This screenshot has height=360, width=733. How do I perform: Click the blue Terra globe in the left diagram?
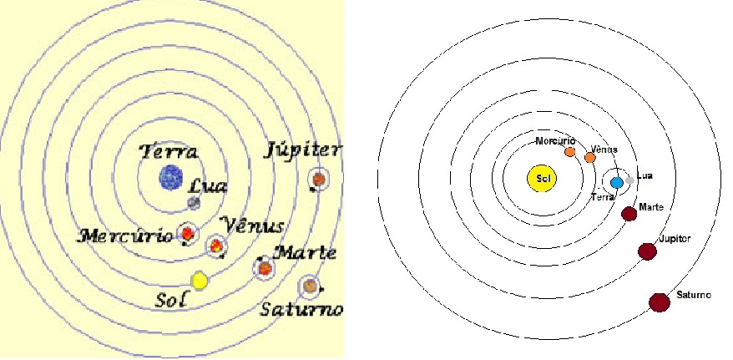pos(171,176)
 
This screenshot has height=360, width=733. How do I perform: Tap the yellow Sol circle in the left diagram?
pos(199,281)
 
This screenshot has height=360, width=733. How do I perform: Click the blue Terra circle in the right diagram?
pos(617,182)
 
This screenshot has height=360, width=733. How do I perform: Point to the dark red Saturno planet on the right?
pos(660,302)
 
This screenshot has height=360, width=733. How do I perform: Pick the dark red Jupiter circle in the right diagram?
pos(646,251)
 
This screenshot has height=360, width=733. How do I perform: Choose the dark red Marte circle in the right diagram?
pos(629,213)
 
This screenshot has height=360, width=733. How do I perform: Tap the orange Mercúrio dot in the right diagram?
pos(570,152)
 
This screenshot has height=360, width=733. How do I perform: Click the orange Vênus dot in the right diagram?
pos(590,157)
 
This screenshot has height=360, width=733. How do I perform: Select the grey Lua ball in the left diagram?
pos(193,202)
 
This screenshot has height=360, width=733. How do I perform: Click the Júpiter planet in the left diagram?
pos(317,178)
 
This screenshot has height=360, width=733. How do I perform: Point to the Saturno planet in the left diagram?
pos(310,286)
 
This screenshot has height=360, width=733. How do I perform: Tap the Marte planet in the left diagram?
pos(265,268)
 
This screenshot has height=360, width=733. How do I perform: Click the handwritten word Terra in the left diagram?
pos(169,152)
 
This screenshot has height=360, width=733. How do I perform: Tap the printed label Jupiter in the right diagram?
pos(675,239)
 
